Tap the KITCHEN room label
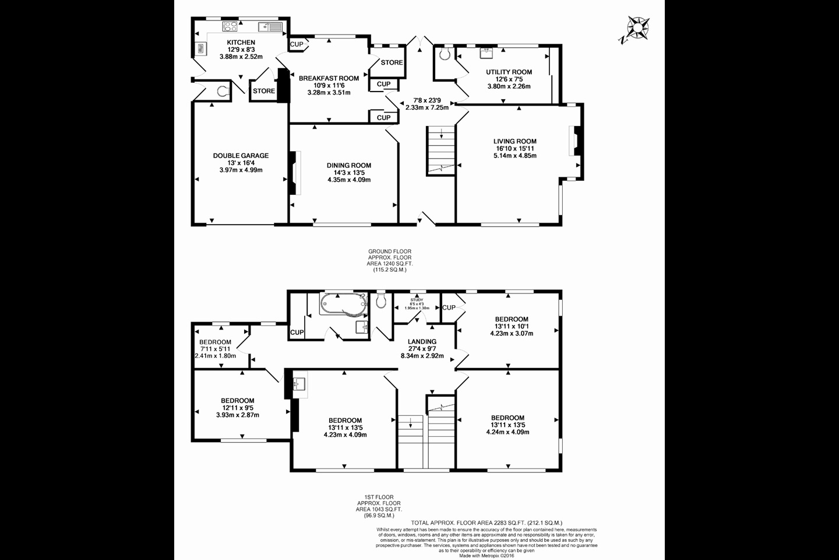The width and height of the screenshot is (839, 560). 241,43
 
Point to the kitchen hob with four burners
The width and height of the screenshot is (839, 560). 230,26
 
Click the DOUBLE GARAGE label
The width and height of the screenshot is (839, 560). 241,156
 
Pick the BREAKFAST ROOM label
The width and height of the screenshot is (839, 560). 329,78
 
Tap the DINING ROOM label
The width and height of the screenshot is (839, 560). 348,166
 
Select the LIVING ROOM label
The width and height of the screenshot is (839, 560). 514,141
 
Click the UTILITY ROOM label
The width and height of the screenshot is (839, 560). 509,72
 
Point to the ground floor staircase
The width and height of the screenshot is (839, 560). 441,150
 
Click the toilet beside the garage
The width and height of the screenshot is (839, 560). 221,91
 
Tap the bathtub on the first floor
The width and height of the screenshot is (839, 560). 343,304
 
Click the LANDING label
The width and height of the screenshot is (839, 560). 422,342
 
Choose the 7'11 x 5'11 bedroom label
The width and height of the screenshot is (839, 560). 215,342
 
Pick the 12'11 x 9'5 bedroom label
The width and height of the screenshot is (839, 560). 237,401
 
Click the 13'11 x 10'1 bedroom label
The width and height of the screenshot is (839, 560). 512,319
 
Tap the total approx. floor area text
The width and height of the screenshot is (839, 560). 486,523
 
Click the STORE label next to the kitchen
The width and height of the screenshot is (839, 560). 263,91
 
